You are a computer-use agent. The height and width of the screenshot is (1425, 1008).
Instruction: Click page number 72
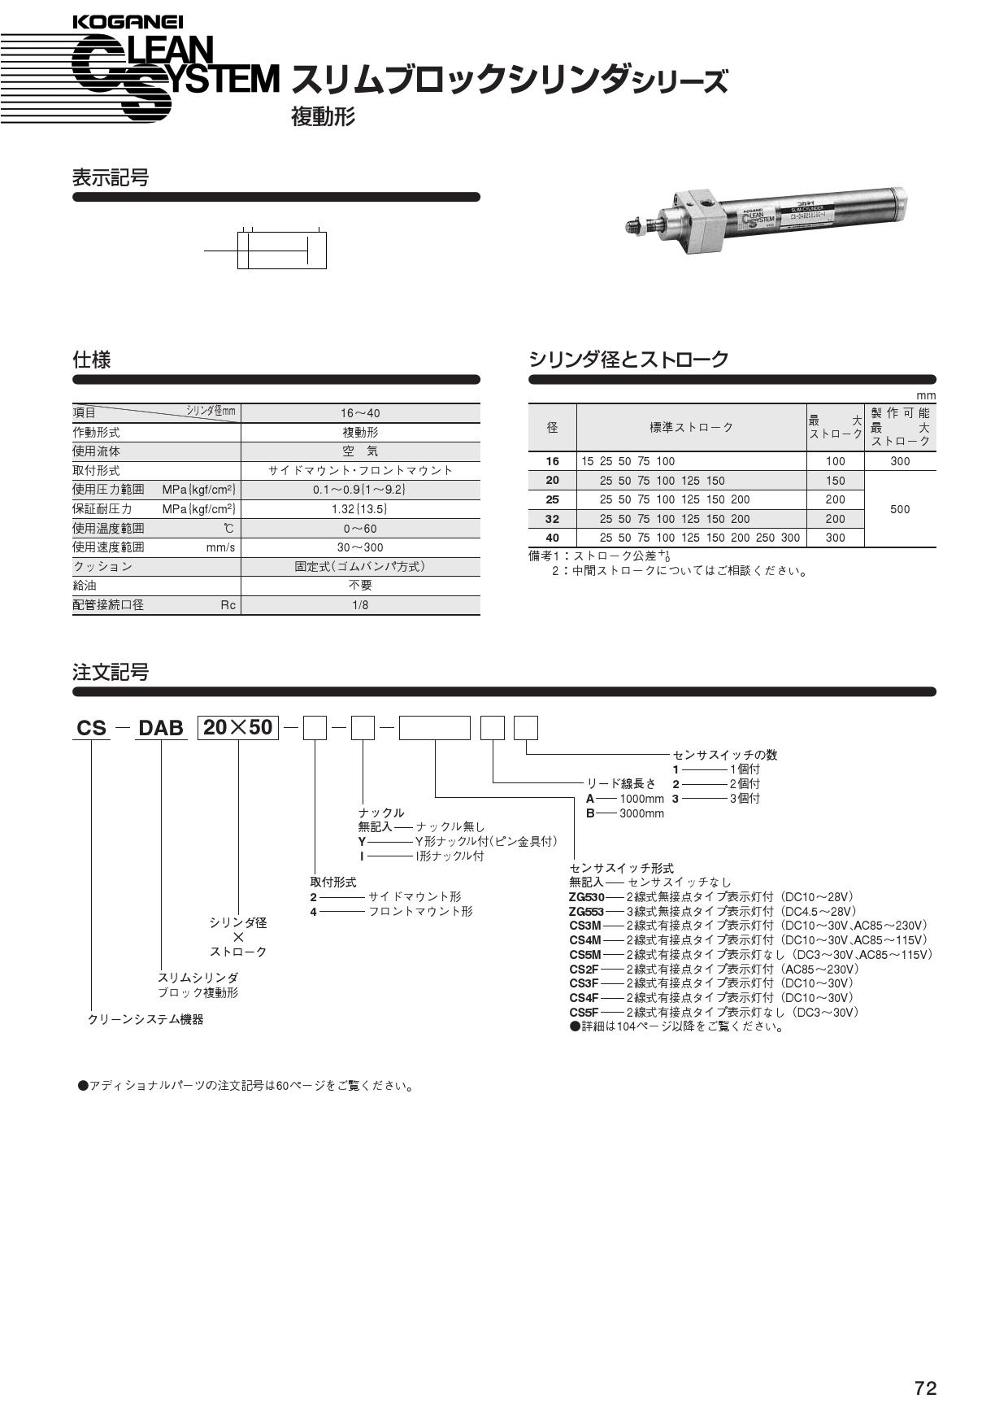pos(925,1388)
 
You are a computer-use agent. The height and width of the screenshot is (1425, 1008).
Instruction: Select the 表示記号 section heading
pos(111,177)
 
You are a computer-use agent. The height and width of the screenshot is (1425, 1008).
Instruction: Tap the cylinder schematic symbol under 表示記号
pos(281,250)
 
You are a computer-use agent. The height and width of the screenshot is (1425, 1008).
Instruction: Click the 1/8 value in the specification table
pos(360,605)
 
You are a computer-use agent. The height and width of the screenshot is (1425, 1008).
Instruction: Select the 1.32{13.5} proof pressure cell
pos(360,509)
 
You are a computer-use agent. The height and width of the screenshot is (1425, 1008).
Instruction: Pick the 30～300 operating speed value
pos(360,547)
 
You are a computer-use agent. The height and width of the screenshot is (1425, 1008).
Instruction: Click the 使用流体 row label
pos(96,451)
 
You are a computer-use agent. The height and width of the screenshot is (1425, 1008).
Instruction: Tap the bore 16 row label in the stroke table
pos(553,461)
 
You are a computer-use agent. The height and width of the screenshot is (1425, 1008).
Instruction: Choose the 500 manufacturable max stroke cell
pos(900,509)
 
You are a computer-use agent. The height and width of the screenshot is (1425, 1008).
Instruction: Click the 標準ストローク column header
pos(691,427)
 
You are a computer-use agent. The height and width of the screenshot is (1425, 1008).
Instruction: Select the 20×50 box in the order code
pos(238,727)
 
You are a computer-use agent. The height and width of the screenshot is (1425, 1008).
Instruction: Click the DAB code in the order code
pos(161,728)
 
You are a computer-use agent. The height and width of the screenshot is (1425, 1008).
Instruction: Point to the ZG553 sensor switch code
pos(587,912)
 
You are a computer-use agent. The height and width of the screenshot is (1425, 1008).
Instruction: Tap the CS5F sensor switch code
pos(584,1013)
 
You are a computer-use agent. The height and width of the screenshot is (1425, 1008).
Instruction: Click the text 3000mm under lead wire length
pos(641,813)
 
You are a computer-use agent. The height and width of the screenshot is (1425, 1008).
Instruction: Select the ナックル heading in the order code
pos(381,813)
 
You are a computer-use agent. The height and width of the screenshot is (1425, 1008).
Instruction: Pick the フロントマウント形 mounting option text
pos(420,912)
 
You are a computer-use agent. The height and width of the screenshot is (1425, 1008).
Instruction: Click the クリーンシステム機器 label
pos(146,1019)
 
